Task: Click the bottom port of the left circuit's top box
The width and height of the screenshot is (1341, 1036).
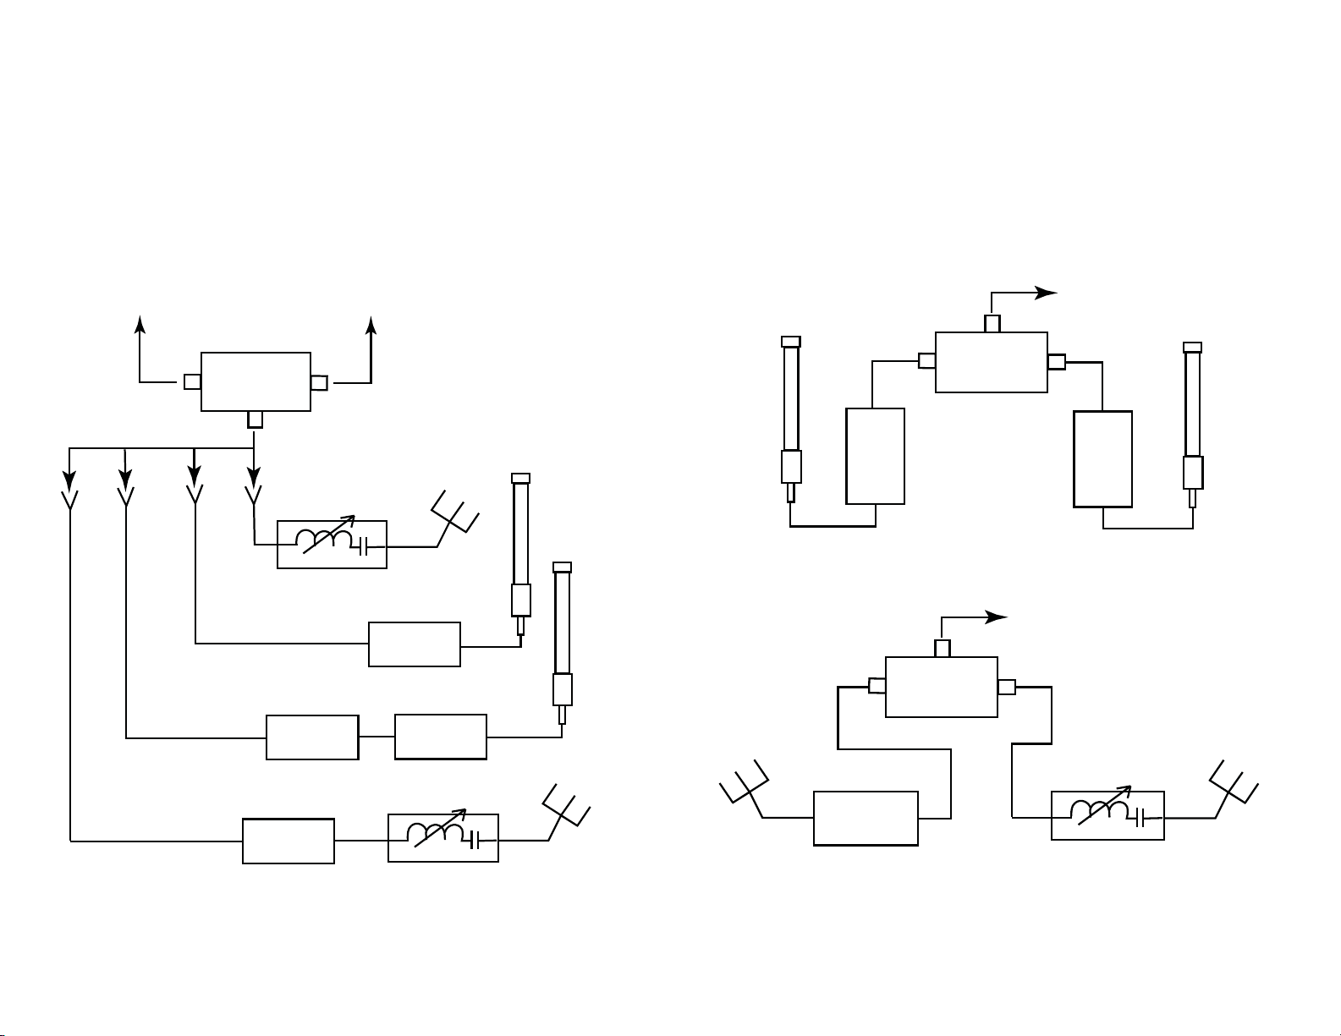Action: tap(256, 419)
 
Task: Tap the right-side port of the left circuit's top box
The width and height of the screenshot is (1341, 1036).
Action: tap(319, 383)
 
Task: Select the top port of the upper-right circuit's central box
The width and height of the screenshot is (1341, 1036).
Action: tap(992, 324)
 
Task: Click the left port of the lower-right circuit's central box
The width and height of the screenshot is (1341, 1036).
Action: tap(877, 686)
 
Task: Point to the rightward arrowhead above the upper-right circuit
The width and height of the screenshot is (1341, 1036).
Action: tap(1048, 293)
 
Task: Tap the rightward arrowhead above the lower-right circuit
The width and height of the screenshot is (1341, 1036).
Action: tap(998, 617)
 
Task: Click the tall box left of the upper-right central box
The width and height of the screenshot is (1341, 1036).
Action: tap(875, 456)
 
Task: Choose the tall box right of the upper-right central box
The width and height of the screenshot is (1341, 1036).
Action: tap(1102, 458)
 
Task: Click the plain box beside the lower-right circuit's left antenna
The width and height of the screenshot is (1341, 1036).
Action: tap(866, 818)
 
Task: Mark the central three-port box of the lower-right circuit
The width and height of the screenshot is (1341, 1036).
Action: tap(941, 687)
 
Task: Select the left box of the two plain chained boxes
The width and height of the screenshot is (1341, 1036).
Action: tap(312, 737)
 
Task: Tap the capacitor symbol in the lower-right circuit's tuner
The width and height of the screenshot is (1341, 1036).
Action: tap(1141, 818)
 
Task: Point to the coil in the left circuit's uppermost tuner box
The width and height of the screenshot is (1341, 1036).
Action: tap(323, 540)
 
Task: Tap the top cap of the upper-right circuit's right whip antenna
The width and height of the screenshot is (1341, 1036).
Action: tap(1192, 347)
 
